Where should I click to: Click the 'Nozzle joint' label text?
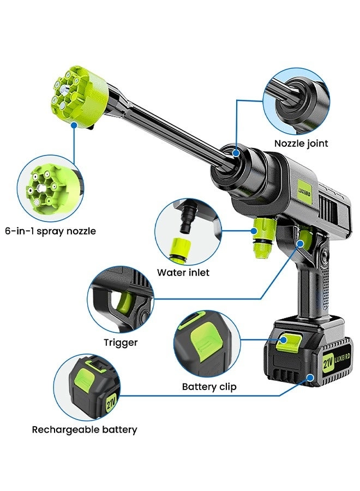tap(301, 144)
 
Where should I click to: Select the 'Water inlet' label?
tap(183, 272)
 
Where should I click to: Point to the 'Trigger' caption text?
tap(121, 343)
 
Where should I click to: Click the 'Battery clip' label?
tap(209, 387)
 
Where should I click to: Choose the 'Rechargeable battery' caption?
tap(85, 429)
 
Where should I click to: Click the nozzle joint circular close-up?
tap(296, 101)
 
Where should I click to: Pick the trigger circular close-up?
tap(121, 300)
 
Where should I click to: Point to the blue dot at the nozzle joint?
tap(236, 153)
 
